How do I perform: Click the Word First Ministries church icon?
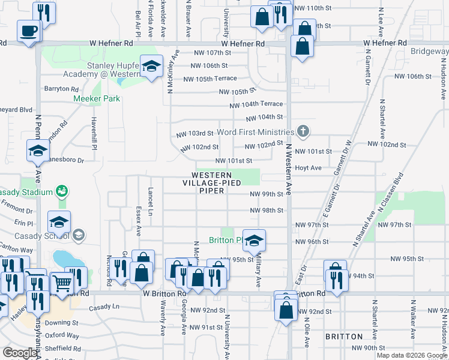tap(304, 131)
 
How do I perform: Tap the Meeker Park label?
tap(97, 98)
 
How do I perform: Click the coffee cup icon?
tap(28, 31)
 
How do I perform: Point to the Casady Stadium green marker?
tap(61, 191)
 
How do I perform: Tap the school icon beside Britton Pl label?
tap(255, 241)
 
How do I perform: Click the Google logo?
tap(20, 353)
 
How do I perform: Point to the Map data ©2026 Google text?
tap(412, 355)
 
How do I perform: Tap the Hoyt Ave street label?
tap(309, 168)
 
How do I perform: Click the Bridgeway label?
tap(429, 52)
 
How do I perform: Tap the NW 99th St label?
tap(267, 194)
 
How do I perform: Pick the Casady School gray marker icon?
tap(78, 235)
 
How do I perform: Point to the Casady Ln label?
tap(104, 307)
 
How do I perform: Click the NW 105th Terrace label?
tap(209, 79)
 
